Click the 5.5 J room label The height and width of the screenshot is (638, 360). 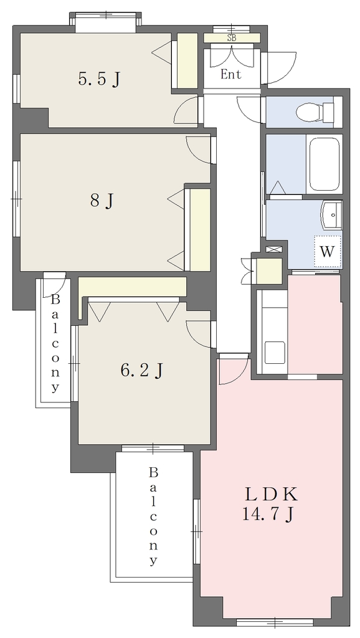(x=99, y=79)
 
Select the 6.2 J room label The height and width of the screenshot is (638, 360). (x=141, y=370)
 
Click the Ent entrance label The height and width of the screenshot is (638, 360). (x=231, y=75)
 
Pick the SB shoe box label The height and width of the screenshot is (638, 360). (x=232, y=39)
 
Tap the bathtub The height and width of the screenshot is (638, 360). (x=324, y=164)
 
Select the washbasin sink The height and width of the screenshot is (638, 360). (x=332, y=215)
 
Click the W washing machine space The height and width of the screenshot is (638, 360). (x=328, y=252)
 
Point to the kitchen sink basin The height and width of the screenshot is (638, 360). (x=275, y=353)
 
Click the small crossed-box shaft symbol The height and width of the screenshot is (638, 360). (x=270, y=249)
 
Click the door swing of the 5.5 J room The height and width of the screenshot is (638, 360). (x=186, y=111)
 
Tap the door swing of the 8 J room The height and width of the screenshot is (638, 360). (x=199, y=150)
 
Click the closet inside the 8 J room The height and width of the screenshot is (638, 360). (x=200, y=229)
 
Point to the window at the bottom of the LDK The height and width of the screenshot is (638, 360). (x=275, y=622)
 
